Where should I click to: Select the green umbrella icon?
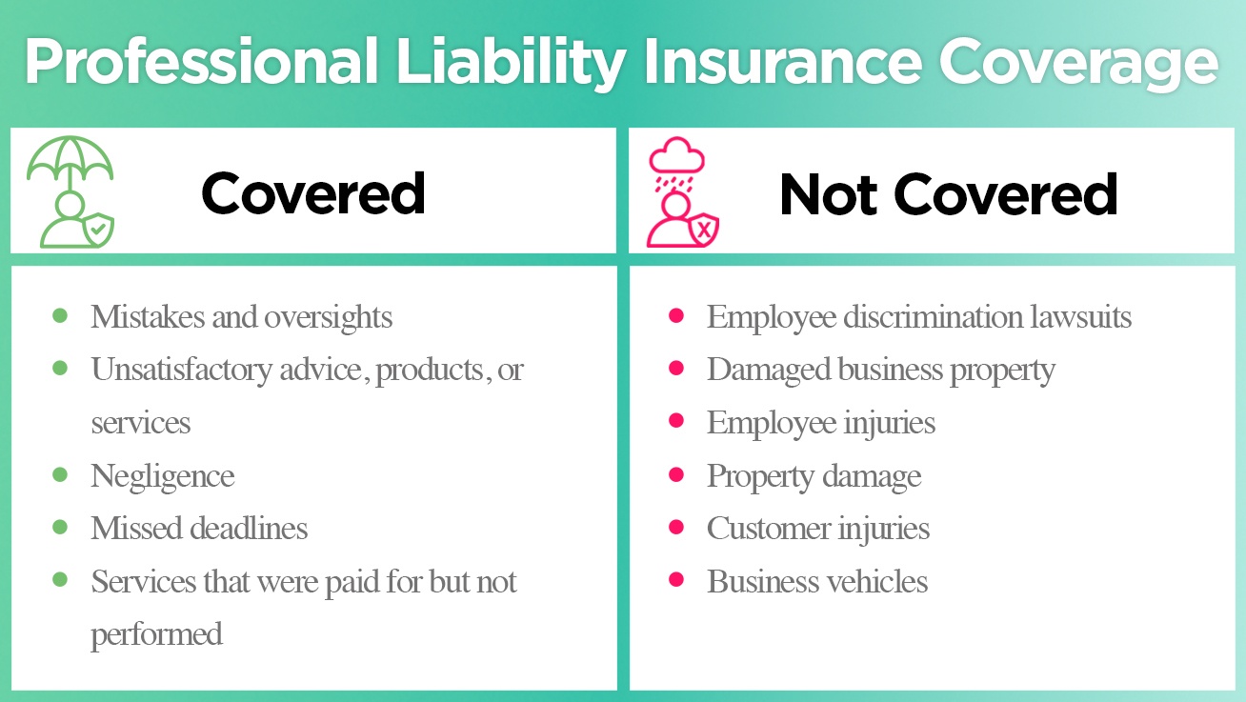point(70,162)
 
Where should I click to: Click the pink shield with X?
point(704,230)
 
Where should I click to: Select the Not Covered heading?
point(948,194)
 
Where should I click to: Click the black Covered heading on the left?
point(312,194)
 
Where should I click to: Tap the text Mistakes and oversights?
point(241,316)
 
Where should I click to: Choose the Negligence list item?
point(162,475)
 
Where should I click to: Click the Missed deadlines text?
point(199,528)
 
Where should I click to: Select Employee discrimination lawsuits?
point(918,316)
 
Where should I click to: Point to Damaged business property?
point(880,370)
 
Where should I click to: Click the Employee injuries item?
point(820,422)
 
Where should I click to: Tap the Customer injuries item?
point(817,528)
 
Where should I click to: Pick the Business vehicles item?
point(816,581)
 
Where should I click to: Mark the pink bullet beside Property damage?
point(676,473)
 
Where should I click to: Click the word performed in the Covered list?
point(156,634)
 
